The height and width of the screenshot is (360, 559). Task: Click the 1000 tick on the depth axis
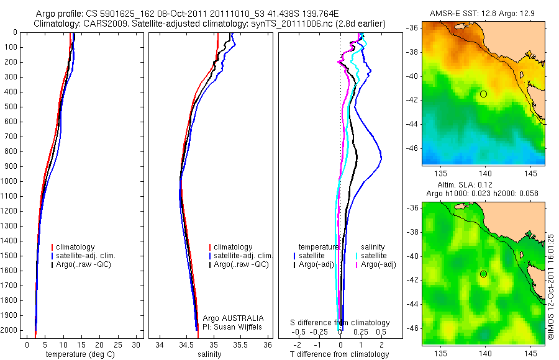(10, 181)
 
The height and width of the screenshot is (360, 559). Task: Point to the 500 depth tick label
(10, 107)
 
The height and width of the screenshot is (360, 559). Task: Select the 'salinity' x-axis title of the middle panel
(208, 354)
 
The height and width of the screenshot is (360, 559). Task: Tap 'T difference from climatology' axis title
(339, 354)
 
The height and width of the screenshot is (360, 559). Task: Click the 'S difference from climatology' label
(340, 323)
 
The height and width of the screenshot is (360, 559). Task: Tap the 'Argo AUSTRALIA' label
(234, 318)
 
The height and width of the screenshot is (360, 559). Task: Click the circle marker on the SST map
(483, 94)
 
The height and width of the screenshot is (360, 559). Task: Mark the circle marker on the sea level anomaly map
(483, 274)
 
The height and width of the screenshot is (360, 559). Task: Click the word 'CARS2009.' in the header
(103, 23)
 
